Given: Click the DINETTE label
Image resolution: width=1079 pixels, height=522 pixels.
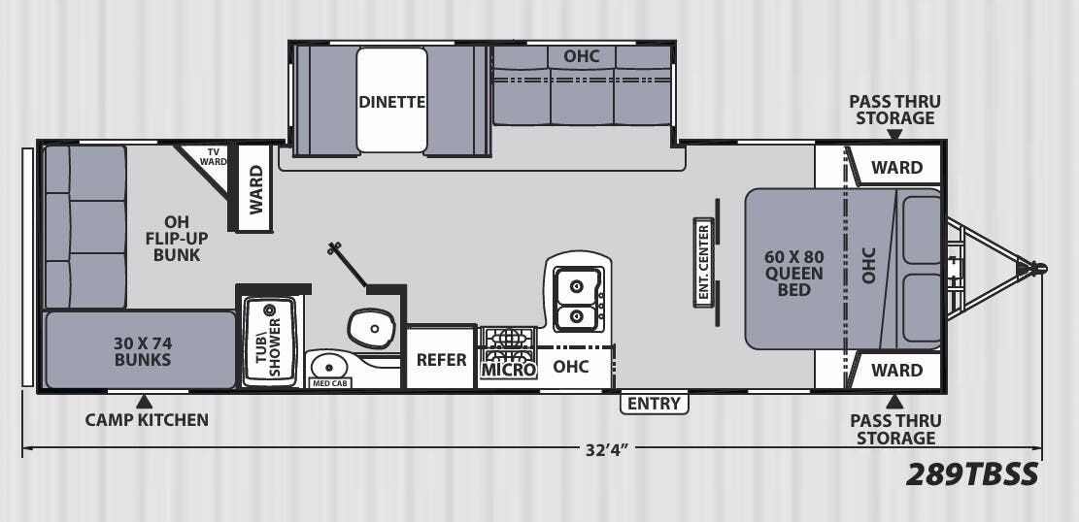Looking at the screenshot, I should pos(391,102).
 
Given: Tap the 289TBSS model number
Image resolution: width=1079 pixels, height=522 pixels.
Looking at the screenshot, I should pos(972,474).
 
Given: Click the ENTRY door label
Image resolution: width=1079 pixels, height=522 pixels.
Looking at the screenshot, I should pos(654,404).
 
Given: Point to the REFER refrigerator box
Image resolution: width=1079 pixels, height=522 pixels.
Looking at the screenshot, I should pos(441,359).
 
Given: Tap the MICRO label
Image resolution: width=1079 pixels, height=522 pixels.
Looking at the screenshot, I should pos(508,369).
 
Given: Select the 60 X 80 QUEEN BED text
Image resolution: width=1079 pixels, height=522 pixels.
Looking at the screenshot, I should pos(793,273).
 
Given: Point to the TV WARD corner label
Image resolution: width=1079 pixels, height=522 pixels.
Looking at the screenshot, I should pos(212,157).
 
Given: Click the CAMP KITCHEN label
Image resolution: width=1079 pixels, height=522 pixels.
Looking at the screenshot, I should pos(146,420).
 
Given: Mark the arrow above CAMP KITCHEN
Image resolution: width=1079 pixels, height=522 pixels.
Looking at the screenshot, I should pos(144,401).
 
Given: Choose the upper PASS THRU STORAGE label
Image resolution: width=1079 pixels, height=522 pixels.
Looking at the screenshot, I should pos(894,110).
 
